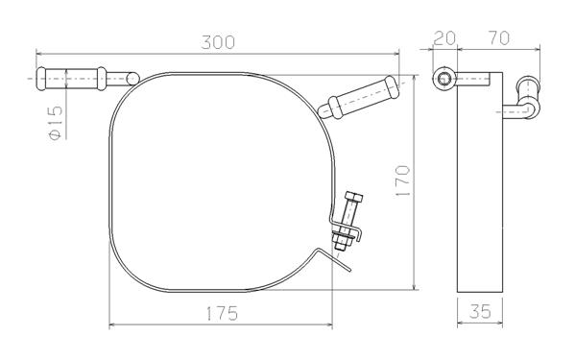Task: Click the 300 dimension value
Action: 218,42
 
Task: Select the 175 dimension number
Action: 223,314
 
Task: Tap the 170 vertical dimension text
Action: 403,180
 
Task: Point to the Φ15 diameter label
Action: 55,123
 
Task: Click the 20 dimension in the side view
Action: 444,38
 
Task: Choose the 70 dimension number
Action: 498,38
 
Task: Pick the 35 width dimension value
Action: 480,312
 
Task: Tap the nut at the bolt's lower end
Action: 341,245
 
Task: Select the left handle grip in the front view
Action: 71,79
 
